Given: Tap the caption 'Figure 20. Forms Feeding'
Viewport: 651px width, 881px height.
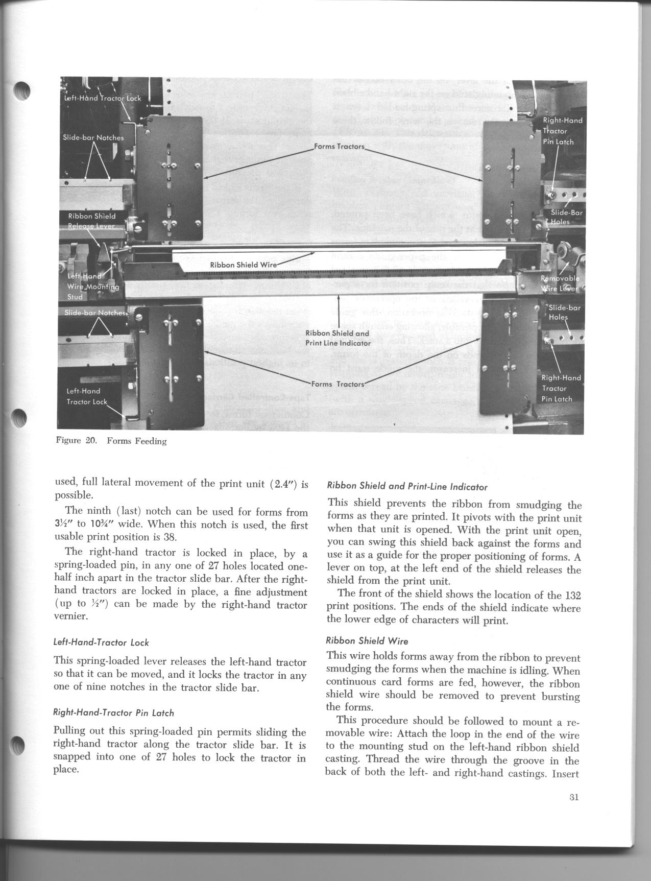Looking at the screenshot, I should (111, 441).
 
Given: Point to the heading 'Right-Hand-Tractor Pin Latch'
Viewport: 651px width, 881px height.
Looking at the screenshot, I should (113, 712).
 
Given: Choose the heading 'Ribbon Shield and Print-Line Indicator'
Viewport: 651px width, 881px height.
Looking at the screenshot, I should (407, 487).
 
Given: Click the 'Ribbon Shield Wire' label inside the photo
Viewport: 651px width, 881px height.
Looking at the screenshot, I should (243, 265).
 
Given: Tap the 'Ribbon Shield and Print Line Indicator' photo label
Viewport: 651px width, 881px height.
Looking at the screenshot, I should (338, 338).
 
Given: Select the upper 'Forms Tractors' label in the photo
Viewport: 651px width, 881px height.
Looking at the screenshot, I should (339, 147).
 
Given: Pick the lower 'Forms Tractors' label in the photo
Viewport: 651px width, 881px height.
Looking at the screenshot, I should (338, 384).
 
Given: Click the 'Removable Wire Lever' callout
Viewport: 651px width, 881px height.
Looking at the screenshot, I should (560, 283).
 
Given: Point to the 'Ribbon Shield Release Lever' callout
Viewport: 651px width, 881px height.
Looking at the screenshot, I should (92, 221).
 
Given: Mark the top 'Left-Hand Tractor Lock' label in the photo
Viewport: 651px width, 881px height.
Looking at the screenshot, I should (102, 98).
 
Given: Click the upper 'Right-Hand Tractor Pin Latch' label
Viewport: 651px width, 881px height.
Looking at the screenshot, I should (562, 131).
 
